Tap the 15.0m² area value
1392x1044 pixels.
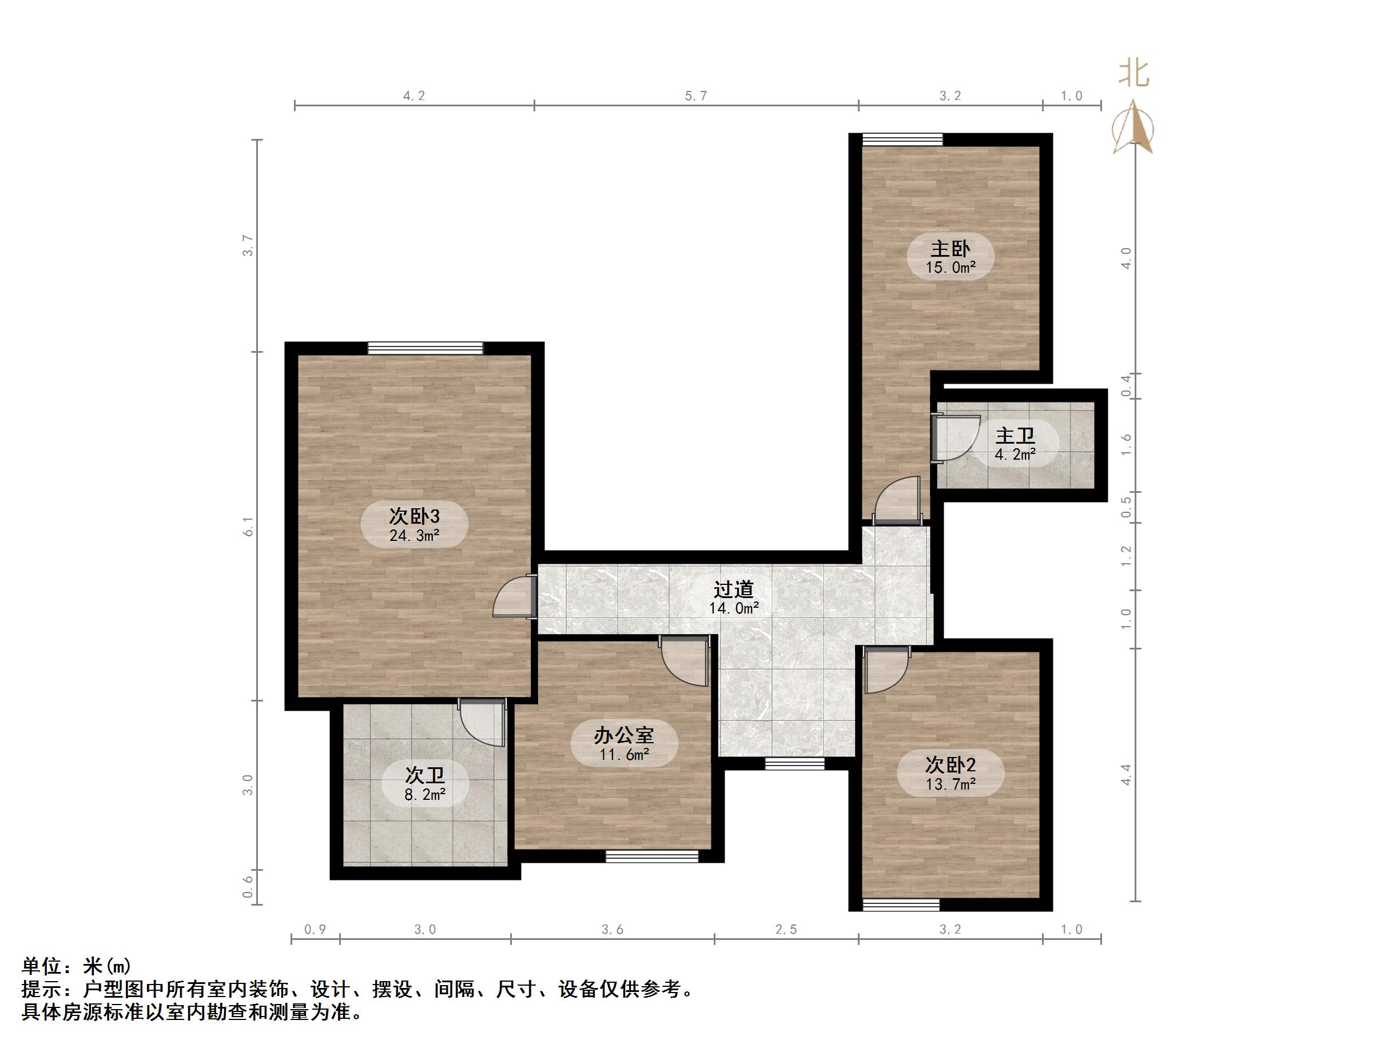point(950,268)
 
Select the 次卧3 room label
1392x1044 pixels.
point(414,517)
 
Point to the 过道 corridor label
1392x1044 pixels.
point(734,589)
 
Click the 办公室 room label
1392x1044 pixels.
point(623,735)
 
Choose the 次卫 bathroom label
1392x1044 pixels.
point(425,775)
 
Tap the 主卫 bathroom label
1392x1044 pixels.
point(1015,436)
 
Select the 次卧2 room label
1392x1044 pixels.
point(950,764)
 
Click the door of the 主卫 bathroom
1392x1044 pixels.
point(953,439)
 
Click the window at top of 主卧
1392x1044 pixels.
point(902,139)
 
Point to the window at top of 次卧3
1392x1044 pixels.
point(425,348)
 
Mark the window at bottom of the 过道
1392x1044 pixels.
point(794,763)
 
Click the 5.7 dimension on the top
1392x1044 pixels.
point(696,95)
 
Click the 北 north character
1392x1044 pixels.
point(1134,73)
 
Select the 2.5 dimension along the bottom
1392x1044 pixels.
point(786,930)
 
